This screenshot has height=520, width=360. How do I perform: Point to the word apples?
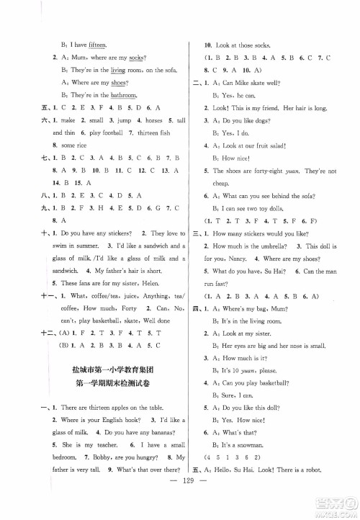click(108, 448)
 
